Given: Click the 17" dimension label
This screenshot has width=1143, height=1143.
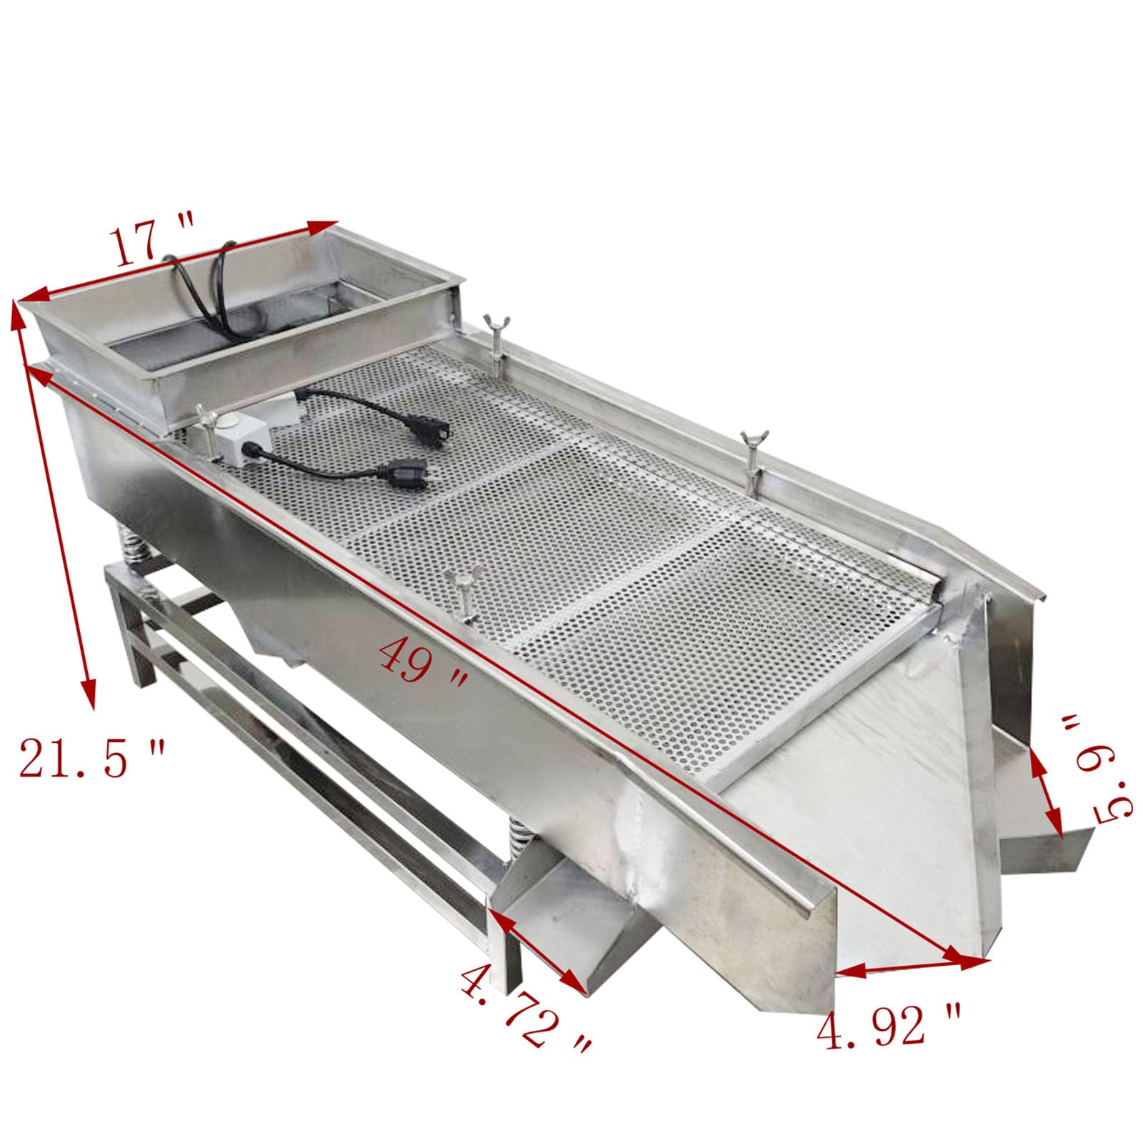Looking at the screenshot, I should [x=154, y=244].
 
